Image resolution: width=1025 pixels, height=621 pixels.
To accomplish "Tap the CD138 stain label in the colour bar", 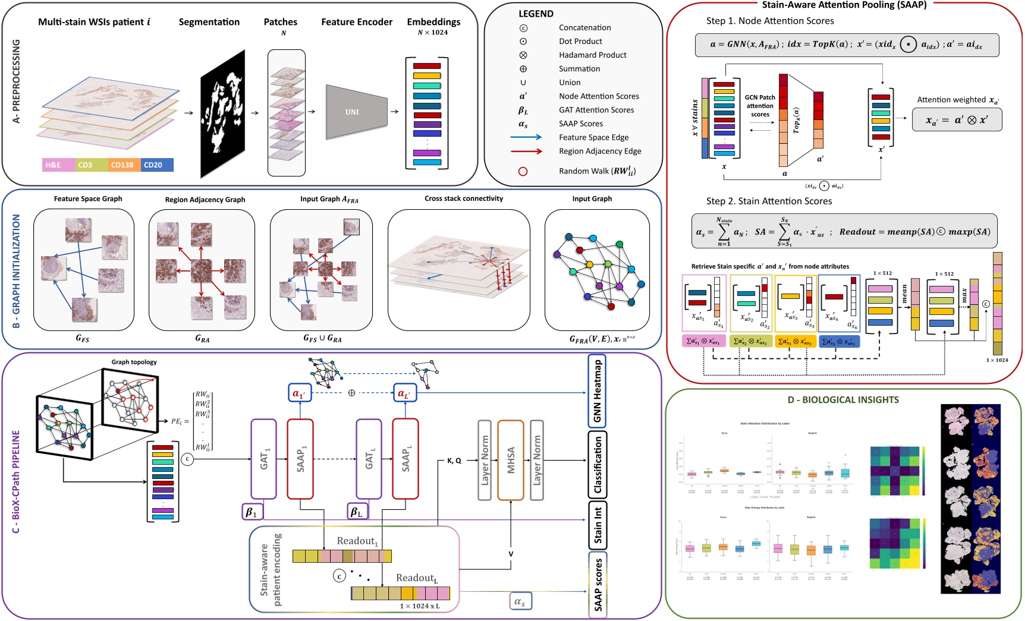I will (122, 165).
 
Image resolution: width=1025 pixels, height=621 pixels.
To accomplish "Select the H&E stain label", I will (54, 165).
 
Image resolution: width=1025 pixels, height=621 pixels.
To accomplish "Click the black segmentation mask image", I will (223, 113).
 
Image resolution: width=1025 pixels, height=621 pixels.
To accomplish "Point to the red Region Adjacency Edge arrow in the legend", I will (526, 151).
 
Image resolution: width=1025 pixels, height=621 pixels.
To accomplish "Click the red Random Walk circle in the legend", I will (523, 171).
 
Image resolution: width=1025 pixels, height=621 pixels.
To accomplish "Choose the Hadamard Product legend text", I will (592, 55).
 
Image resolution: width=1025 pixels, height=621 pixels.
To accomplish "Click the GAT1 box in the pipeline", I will (263, 458).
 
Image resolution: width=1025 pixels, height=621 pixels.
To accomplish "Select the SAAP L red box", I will (405, 458).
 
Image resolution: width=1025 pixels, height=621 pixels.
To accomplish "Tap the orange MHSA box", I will (510, 459).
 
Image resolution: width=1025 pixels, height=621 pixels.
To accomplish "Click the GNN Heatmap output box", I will (598, 391).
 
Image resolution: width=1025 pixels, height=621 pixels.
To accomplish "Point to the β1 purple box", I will (252, 512).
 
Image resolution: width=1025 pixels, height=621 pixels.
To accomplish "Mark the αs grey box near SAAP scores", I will (520, 601).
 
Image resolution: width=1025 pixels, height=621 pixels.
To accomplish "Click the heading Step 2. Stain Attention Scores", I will (769, 201).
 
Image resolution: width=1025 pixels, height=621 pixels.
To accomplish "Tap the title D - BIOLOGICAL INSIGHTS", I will (843, 400).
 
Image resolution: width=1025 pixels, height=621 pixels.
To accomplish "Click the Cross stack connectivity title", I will (464, 198).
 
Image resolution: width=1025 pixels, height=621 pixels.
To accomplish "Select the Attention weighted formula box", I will (957, 119).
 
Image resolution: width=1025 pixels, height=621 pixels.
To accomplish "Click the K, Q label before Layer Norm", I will (454, 461).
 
